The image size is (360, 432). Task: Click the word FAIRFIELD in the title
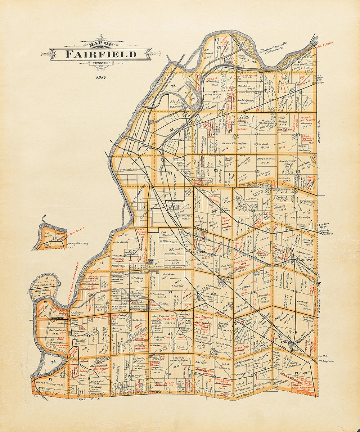click(101, 54)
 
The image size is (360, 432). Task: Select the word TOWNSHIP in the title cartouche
click(101, 63)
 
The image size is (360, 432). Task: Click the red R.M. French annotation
click(75, 233)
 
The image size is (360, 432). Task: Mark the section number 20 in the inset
click(55, 238)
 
